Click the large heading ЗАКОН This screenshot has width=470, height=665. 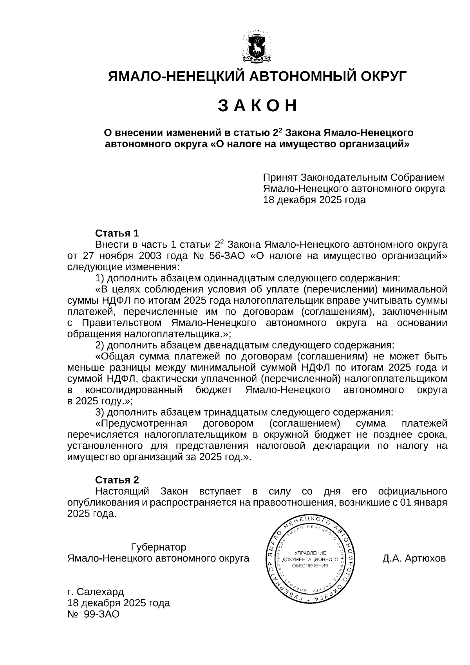(x=257, y=106)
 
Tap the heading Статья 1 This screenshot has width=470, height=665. (x=117, y=234)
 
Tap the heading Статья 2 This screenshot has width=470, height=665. (x=117, y=480)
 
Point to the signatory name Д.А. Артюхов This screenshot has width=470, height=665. (x=414, y=558)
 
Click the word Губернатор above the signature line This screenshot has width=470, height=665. (x=159, y=547)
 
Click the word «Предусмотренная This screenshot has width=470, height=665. (x=141, y=424)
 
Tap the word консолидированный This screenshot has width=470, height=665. (x=134, y=390)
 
